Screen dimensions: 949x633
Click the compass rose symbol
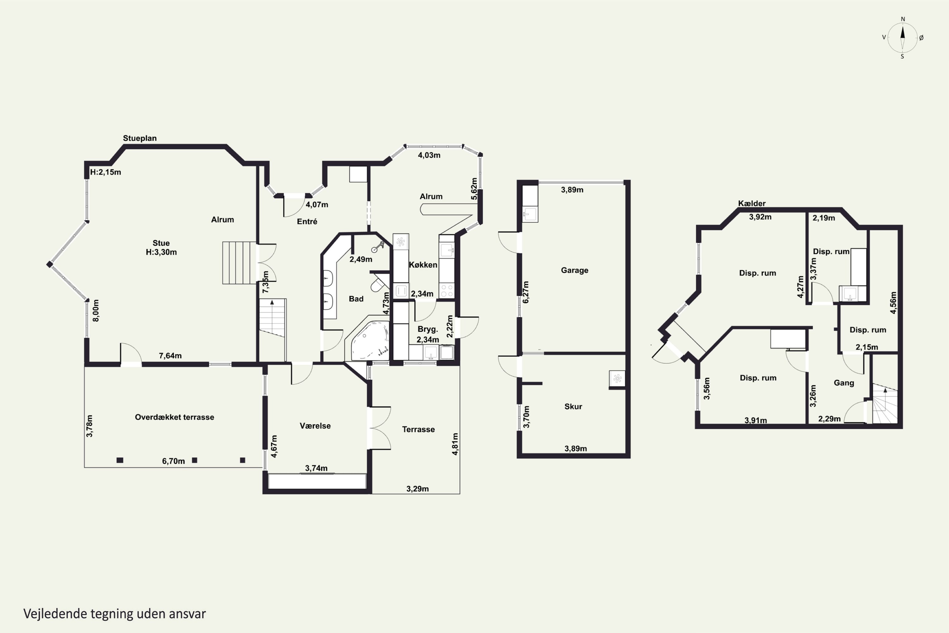click(x=902, y=38)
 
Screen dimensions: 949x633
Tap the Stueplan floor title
click(x=140, y=138)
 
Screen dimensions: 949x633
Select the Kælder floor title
click(x=752, y=204)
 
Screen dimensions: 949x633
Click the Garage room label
click(x=574, y=270)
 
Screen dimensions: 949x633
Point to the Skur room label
click(x=573, y=406)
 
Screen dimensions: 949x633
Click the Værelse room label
click(x=315, y=426)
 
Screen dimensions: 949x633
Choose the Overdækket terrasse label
click(x=174, y=417)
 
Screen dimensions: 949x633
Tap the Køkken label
click(x=423, y=265)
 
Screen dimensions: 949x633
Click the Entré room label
click(x=307, y=221)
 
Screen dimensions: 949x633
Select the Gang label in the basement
click(x=844, y=383)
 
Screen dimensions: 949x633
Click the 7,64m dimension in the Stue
click(x=170, y=356)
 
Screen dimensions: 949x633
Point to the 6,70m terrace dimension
click(x=173, y=461)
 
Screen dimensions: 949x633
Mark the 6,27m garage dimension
click(x=526, y=292)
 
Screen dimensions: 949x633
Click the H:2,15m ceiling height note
click(x=105, y=172)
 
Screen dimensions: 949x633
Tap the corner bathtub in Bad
click(x=370, y=340)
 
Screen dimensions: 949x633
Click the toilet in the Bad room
click(x=378, y=283)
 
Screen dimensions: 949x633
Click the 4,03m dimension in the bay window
click(x=429, y=155)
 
